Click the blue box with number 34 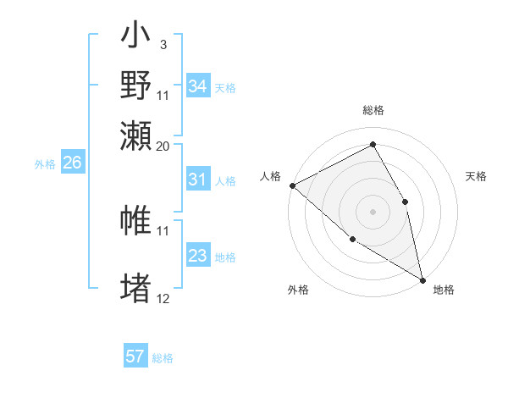[x=197, y=86]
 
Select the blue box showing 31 [x=197, y=180]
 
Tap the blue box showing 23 [x=197, y=256]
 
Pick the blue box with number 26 [x=72, y=163]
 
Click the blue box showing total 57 [x=135, y=357]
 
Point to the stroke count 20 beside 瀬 [x=163, y=146]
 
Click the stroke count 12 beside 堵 [x=163, y=298]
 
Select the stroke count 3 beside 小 [x=163, y=44]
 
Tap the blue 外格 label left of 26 [x=45, y=164]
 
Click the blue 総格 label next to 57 [x=163, y=358]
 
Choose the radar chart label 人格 [x=271, y=176]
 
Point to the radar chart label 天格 [x=476, y=176]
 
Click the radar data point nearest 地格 [x=422, y=279]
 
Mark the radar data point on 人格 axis [x=292, y=185]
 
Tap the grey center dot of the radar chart [x=373, y=212]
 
